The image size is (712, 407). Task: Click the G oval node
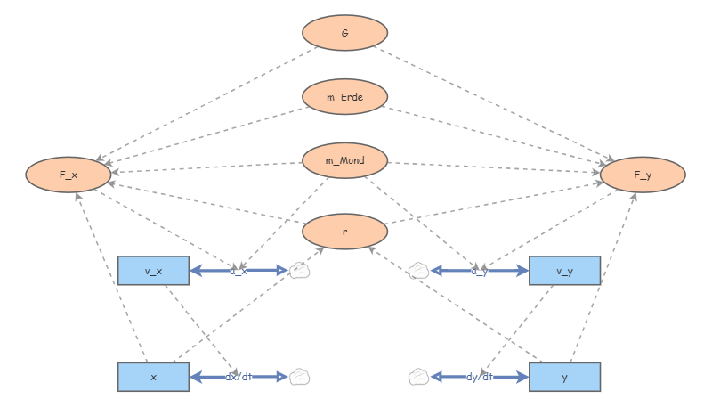point(345,33)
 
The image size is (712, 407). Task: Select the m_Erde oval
point(345,96)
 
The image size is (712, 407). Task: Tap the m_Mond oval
point(345,160)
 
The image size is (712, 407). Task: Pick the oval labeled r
point(345,231)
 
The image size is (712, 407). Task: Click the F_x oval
point(69,175)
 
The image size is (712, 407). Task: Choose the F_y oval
point(643,175)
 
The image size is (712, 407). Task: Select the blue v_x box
point(153,271)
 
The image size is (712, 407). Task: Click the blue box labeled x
point(153,377)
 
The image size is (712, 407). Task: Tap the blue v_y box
point(564,271)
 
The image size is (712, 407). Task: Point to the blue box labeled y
point(564,377)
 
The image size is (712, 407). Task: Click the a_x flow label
point(238,271)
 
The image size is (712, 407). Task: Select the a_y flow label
point(480,271)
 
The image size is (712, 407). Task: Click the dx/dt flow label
point(238,377)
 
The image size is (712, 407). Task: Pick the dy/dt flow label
point(480,377)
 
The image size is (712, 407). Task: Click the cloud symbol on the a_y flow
point(419,271)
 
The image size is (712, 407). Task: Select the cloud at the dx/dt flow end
point(300,377)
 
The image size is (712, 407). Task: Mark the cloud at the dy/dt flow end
point(419,377)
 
